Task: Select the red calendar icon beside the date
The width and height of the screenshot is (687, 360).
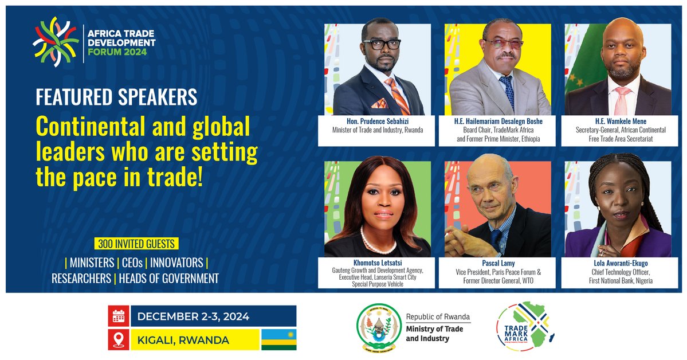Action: tap(119, 316)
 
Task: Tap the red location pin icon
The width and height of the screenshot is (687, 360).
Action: tap(119, 340)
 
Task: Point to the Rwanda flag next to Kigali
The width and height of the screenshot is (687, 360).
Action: tap(278, 340)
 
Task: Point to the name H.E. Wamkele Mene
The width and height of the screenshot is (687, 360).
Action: tap(618, 122)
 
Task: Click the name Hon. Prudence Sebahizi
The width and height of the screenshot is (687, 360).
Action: tap(377, 122)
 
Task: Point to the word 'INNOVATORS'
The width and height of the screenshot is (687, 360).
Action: tap(176, 263)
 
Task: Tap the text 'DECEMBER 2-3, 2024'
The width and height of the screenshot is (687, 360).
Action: tap(193, 316)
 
